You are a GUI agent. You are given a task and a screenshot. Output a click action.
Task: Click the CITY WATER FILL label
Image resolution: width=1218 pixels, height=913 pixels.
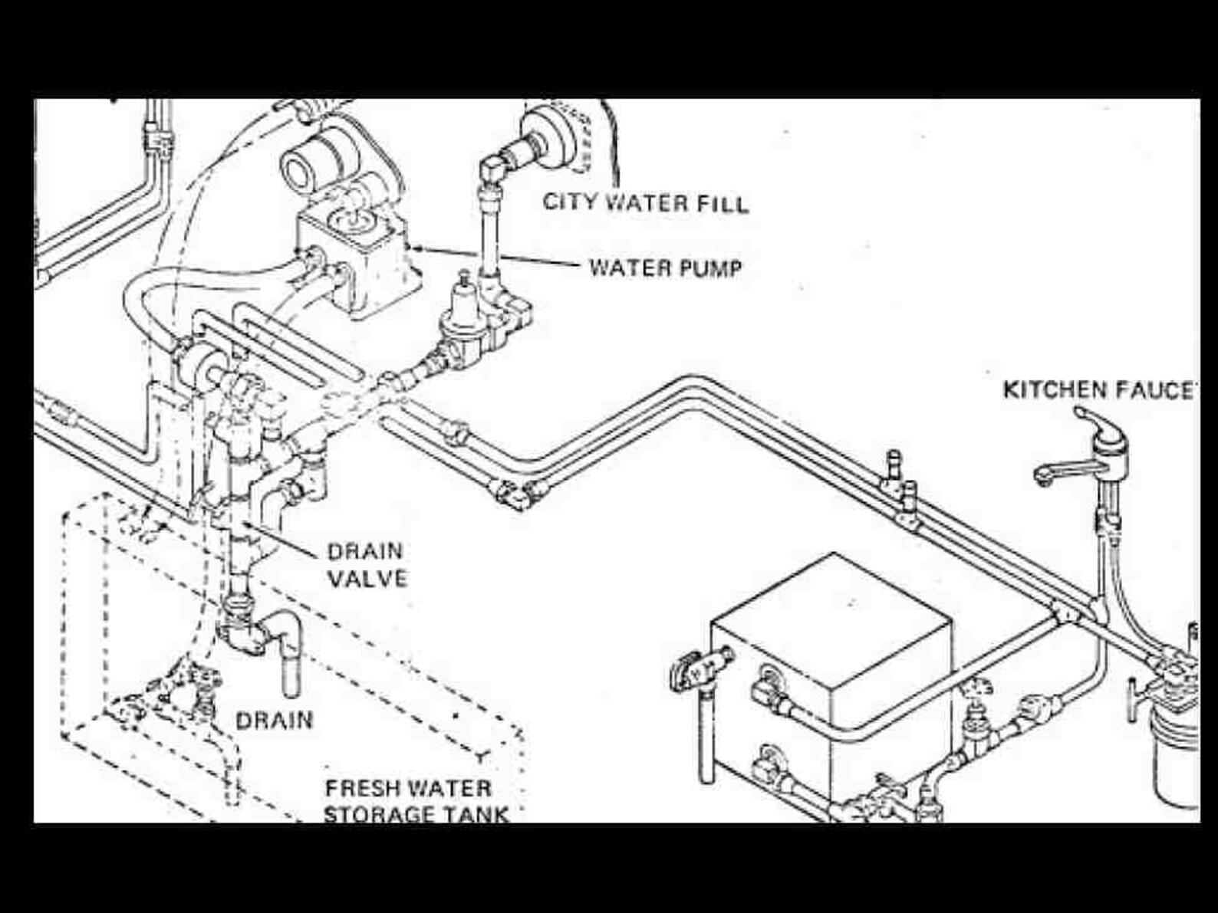(645, 203)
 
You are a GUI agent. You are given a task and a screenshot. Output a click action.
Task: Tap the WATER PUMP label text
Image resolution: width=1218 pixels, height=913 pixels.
(665, 268)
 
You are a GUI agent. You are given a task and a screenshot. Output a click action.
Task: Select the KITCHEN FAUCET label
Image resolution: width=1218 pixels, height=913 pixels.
(1100, 390)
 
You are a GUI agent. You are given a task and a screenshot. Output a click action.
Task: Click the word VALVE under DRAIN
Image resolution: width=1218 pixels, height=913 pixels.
(367, 578)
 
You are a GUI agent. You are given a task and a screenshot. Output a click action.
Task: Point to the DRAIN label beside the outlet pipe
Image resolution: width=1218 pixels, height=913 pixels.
(274, 721)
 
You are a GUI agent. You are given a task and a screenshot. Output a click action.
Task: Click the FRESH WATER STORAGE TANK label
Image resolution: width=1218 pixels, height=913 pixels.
(416, 800)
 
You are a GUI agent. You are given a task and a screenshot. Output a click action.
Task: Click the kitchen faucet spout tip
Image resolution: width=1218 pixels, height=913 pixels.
(1042, 476)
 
